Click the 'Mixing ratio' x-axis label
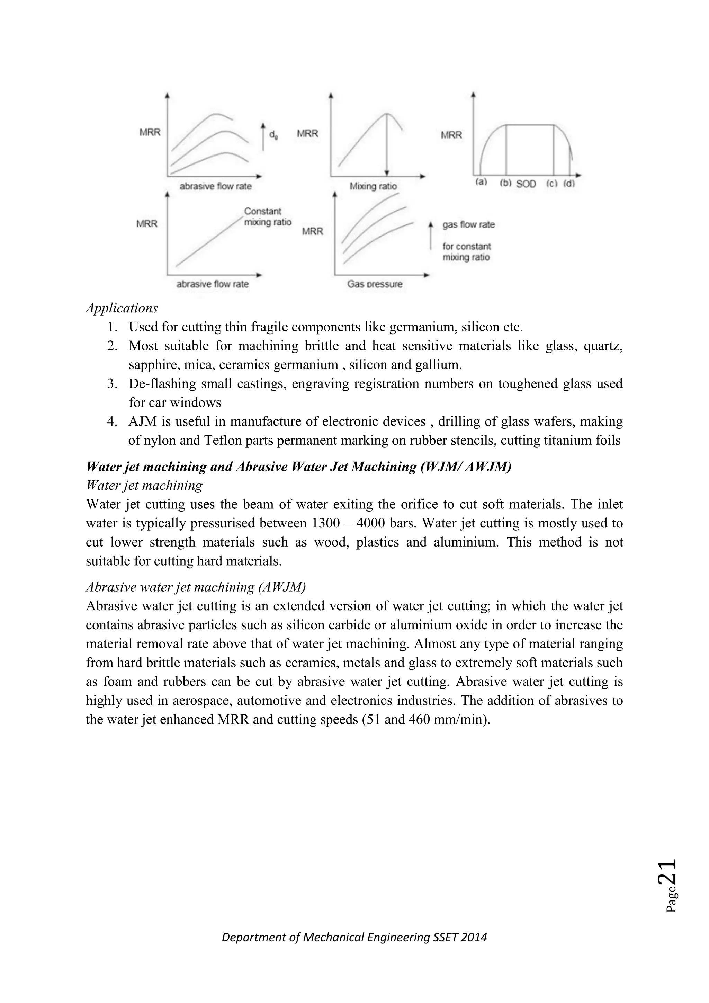point(373,187)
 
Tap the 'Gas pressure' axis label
point(375,284)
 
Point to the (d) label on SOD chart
point(569,184)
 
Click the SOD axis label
point(526,184)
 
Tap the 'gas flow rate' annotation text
point(468,225)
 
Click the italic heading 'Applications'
point(122,308)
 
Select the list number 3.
point(112,384)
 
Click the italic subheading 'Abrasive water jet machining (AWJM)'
point(196,587)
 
